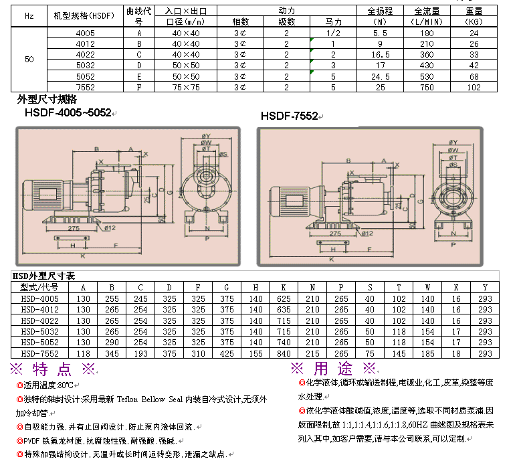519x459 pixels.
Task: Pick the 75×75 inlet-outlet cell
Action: click(x=186, y=87)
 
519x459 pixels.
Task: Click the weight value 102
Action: click(x=474, y=87)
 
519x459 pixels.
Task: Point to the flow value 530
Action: click(x=426, y=76)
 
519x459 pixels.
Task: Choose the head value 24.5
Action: click(x=380, y=76)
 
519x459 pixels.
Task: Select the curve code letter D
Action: click(x=139, y=66)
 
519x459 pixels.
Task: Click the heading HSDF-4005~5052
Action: click(x=68, y=113)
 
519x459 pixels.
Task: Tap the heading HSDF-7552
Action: click(x=289, y=116)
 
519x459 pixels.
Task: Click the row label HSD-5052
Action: click(x=40, y=342)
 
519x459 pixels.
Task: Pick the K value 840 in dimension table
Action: click(x=284, y=353)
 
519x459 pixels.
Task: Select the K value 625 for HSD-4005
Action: click(x=284, y=298)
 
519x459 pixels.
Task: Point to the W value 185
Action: click(x=427, y=353)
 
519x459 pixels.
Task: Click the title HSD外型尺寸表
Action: click(x=44, y=276)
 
